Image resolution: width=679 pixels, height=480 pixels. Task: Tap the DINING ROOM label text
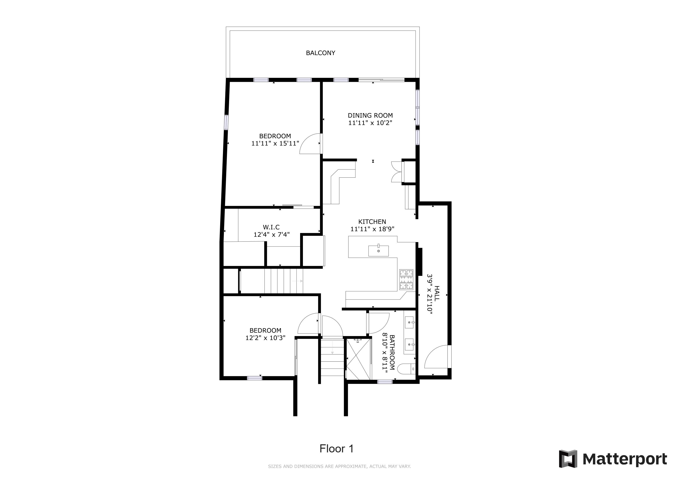pyautogui.click(x=370, y=115)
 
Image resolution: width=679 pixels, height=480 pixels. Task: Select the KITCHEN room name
pyautogui.click(x=372, y=222)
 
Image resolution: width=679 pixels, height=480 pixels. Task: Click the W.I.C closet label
pyautogui.click(x=271, y=227)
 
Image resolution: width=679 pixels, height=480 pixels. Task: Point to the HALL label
pyautogui.click(x=437, y=293)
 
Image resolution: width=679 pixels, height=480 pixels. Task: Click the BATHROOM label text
pyautogui.click(x=392, y=352)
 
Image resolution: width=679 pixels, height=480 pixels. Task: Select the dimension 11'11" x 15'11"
pyautogui.click(x=275, y=143)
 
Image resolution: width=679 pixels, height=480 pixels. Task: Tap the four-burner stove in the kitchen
pyautogui.click(x=406, y=279)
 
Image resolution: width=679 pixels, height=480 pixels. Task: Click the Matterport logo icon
pyautogui.click(x=568, y=459)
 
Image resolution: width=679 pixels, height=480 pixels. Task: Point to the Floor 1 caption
pyautogui.click(x=336, y=449)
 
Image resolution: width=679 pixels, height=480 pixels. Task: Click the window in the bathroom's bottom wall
pyautogui.click(x=385, y=382)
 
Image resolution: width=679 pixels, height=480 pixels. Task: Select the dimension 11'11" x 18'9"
pyautogui.click(x=372, y=229)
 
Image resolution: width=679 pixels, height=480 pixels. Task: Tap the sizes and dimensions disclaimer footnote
pyautogui.click(x=339, y=466)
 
